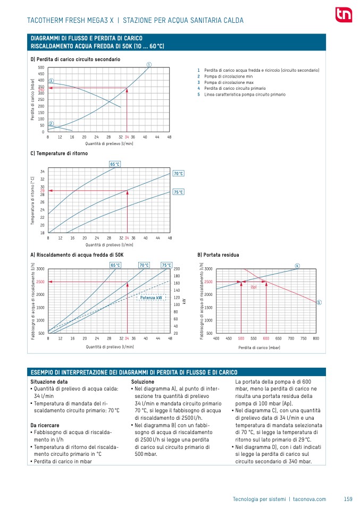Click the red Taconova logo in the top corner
[x=343, y=14]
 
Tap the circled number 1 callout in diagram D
[x=149, y=65]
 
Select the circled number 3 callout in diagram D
[x=51, y=81]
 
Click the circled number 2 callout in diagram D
[x=51, y=124]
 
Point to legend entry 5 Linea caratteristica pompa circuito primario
[x=241, y=95]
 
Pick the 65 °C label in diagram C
[x=115, y=164]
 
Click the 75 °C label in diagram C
[x=178, y=192]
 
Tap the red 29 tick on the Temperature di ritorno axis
[x=42, y=190]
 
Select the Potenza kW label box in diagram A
[x=151, y=298]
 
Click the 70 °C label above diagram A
[x=144, y=265]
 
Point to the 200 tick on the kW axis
[x=177, y=269]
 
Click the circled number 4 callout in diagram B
[x=297, y=265]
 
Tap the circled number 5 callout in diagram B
[x=319, y=302]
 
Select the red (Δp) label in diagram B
[x=254, y=286]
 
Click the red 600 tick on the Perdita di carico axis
[x=266, y=338]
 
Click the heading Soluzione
[x=143, y=381]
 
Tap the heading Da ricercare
[x=45, y=425]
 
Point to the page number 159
[x=348, y=499]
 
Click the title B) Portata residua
[x=218, y=254]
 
